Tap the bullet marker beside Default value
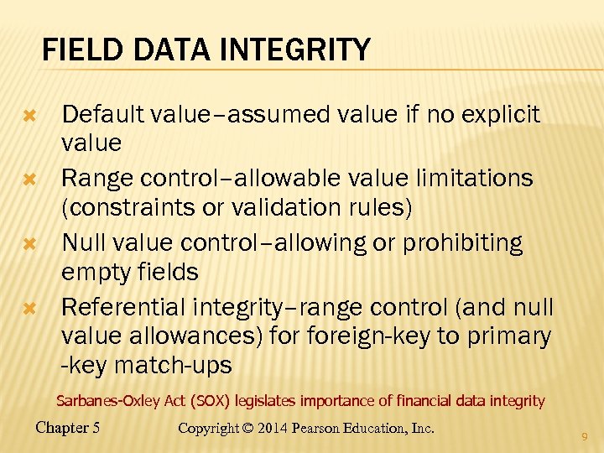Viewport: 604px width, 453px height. [29, 113]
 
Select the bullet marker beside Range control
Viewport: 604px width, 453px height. [29, 179]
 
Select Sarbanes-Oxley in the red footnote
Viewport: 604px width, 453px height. [103, 401]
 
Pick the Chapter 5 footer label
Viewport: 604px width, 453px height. [68, 428]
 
